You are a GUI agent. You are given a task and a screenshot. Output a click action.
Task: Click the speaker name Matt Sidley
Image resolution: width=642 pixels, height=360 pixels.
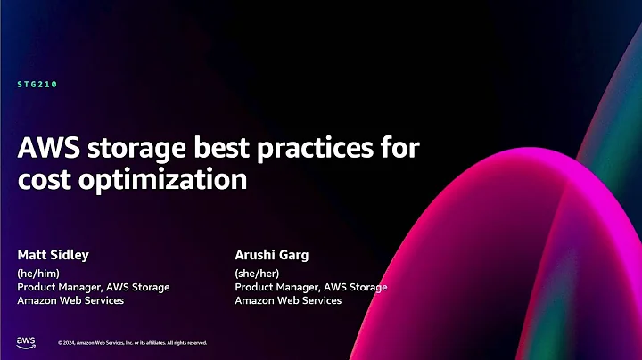(53, 254)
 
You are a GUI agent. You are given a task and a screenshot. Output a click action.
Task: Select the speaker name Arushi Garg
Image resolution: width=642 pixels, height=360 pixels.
(271, 254)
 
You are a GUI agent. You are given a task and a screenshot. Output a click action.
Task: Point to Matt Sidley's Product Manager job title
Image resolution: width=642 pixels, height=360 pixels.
(94, 287)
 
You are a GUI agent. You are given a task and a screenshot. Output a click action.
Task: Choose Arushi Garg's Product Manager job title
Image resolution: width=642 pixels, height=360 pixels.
(311, 287)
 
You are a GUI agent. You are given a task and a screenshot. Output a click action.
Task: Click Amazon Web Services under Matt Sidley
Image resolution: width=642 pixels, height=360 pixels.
(70, 300)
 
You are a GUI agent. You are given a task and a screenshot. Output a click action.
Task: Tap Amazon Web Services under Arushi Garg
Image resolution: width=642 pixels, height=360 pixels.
(288, 300)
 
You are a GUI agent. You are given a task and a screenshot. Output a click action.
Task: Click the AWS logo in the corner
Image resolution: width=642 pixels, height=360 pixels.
(26, 342)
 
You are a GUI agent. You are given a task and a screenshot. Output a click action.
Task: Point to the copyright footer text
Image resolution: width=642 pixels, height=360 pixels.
(133, 343)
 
